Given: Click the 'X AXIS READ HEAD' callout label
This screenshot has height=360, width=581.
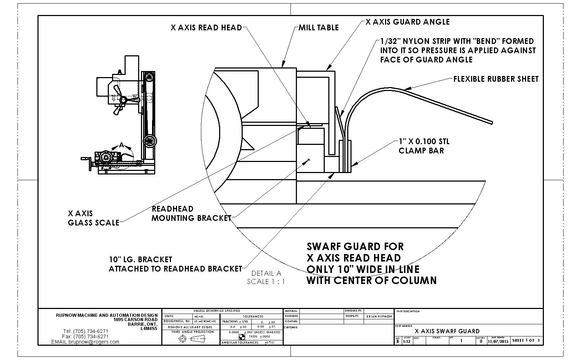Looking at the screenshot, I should click(x=206, y=27).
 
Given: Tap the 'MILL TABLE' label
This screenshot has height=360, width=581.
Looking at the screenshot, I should click(x=318, y=27).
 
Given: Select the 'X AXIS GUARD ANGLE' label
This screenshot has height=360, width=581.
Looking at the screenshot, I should click(x=408, y=22).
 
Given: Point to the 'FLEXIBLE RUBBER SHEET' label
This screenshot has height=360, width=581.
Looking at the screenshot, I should click(x=496, y=79).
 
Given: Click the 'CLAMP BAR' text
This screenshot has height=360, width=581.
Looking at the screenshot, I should click(x=421, y=151).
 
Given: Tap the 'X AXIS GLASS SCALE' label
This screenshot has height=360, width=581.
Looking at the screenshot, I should click(x=93, y=218).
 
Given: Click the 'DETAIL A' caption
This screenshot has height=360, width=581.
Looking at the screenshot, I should click(x=266, y=273).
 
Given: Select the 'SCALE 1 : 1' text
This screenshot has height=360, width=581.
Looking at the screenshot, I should click(x=266, y=282).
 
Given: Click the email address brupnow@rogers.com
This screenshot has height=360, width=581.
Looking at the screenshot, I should click(x=85, y=341).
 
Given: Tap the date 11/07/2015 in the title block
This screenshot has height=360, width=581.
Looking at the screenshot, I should click(x=498, y=341).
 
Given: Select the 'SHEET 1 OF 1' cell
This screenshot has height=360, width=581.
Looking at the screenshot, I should click(x=526, y=340).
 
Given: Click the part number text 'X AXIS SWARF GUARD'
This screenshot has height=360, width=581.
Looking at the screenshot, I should click(x=447, y=331).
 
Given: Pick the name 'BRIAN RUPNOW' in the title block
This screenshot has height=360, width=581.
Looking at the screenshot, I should click(x=379, y=316).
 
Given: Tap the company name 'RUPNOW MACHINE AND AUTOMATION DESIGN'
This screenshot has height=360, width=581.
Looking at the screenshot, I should click(x=106, y=315).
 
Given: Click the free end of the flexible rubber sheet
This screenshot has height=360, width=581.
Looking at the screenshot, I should click(x=492, y=122).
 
